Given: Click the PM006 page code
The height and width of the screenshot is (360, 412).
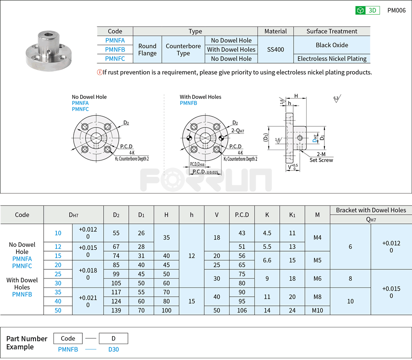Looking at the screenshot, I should [x=396, y=10].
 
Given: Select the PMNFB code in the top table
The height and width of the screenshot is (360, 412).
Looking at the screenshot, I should [x=115, y=49].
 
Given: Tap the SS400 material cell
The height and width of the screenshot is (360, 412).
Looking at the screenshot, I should [x=275, y=49].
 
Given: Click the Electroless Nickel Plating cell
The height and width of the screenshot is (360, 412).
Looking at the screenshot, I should [x=332, y=59].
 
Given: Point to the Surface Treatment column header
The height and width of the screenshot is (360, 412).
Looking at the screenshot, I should [x=332, y=31].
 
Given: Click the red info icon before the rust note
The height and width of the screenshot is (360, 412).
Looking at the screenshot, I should [x=100, y=72].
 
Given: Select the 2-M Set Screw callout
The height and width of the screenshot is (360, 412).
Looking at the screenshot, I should [x=321, y=157].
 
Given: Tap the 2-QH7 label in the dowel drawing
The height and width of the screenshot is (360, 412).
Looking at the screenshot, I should [x=238, y=131].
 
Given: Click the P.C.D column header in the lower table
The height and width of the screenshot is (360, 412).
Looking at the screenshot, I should [x=242, y=215].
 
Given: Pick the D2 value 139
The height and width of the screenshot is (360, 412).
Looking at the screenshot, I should [x=116, y=310].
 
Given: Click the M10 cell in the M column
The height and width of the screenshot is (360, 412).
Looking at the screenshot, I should [x=317, y=310].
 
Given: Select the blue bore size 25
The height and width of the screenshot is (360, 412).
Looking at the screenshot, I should [x=58, y=274].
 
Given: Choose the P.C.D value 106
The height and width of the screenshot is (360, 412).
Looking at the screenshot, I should [x=242, y=310].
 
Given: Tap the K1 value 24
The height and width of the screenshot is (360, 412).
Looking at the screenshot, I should [x=292, y=310].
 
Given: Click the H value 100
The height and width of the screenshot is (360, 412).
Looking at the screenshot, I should [x=167, y=310].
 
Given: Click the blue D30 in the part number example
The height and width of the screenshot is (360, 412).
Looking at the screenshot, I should [x=113, y=350].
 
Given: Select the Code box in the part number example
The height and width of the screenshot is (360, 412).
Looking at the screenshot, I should [x=68, y=338].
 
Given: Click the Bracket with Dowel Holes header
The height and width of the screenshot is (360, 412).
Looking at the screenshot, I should [x=371, y=210].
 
